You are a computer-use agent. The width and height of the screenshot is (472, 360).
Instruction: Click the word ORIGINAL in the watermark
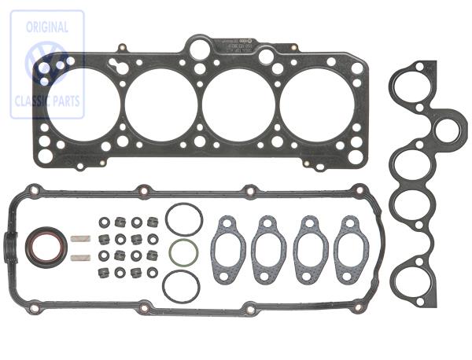pyautogui.click(x=46, y=27)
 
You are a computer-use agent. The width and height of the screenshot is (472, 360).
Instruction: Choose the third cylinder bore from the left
pyautogui.click(x=238, y=105)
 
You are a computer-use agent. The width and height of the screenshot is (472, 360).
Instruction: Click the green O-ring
pyautogui.click(x=183, y=253)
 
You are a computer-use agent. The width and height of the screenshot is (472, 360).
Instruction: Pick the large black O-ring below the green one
pyautogui.click(x=181, y=286)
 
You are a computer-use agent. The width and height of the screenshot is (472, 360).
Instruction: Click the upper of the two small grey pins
pyautogui.click(x=79, y=238)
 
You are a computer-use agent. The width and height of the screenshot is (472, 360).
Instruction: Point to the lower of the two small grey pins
pyautogui.click(x=78, y=256)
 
